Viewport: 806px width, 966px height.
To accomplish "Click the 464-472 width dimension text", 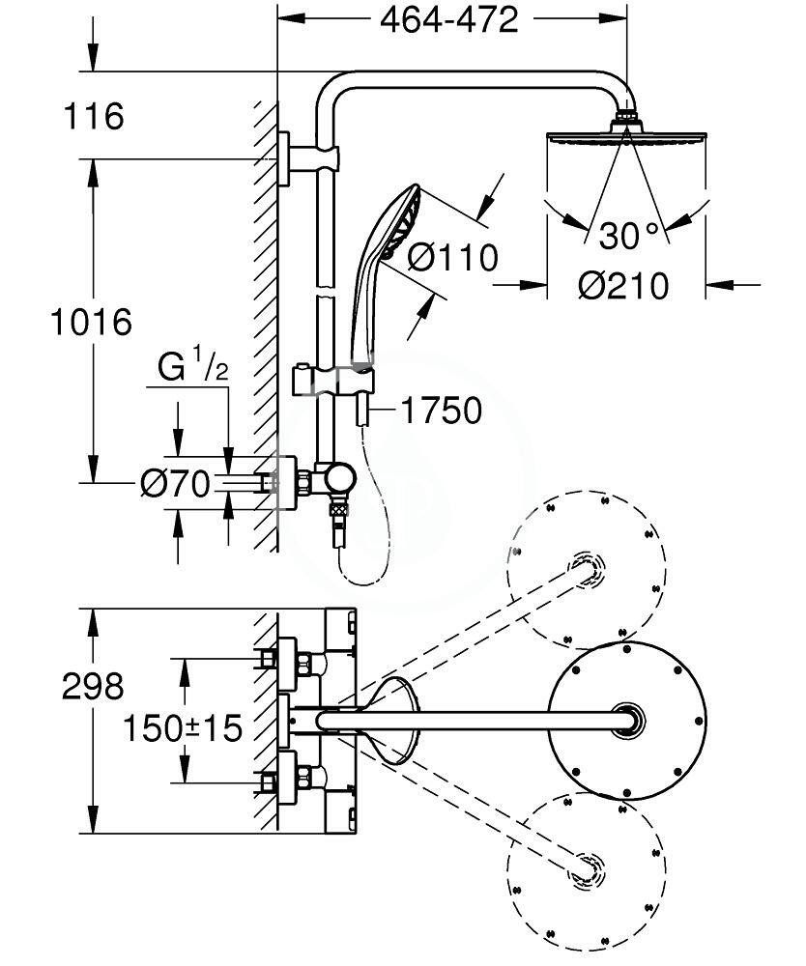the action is (x=449, y=19).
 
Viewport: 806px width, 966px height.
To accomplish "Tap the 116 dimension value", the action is (x=94, y=116).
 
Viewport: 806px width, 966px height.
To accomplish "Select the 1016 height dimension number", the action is (x=91, y=322).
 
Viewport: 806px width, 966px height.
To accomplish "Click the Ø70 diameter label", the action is (x=175, y=484).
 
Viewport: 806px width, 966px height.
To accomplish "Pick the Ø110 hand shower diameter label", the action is (x=453, y=257).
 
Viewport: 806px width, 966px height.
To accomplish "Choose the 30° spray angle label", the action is (x=628, y=236).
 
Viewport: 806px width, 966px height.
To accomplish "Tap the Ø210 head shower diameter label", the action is (x=623, y=286).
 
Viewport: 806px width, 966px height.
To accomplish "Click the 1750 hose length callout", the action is (x=442, y=411).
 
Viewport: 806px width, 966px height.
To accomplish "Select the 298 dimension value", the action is (x=93, y=686).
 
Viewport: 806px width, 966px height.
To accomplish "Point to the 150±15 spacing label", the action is (x=183, y=728).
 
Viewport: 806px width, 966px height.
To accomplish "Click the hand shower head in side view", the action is (x=400, y=222).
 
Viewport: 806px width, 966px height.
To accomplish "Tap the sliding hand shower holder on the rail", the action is (x=332, y=380).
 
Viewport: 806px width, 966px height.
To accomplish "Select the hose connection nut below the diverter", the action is (x=336, y=511).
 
